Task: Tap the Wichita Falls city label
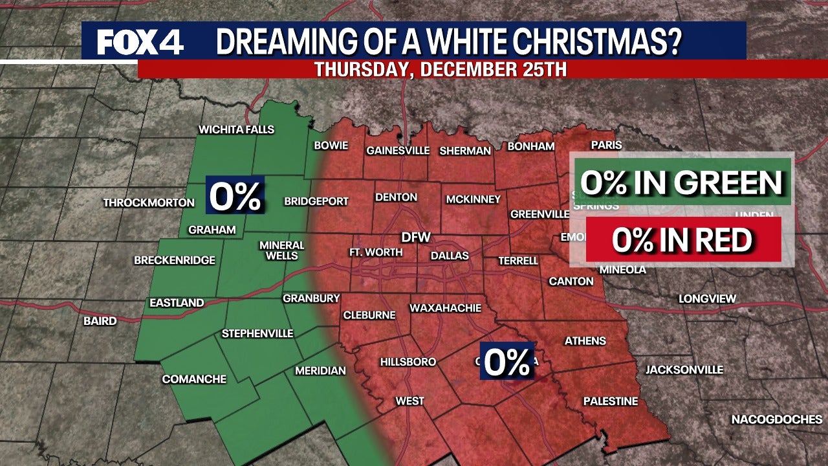coord(236,129)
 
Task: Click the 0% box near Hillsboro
coord(507,361)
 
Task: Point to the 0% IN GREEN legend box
coord(681,184)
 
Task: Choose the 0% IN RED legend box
coord(682,240)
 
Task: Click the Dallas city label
coord(450,256)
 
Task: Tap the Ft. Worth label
coord(375,252)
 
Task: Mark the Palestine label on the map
coord(611,401)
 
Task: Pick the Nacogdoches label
coord(777,420)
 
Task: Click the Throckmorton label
coord(149,203)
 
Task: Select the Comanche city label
coord(194,379)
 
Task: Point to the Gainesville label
coord(398,151)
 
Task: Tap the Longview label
coord(707,299)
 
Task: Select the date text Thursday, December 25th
coord(441,70)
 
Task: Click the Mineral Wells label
coord(282,250)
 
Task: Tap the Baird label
coord(100,321)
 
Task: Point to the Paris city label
coord(606,146)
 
